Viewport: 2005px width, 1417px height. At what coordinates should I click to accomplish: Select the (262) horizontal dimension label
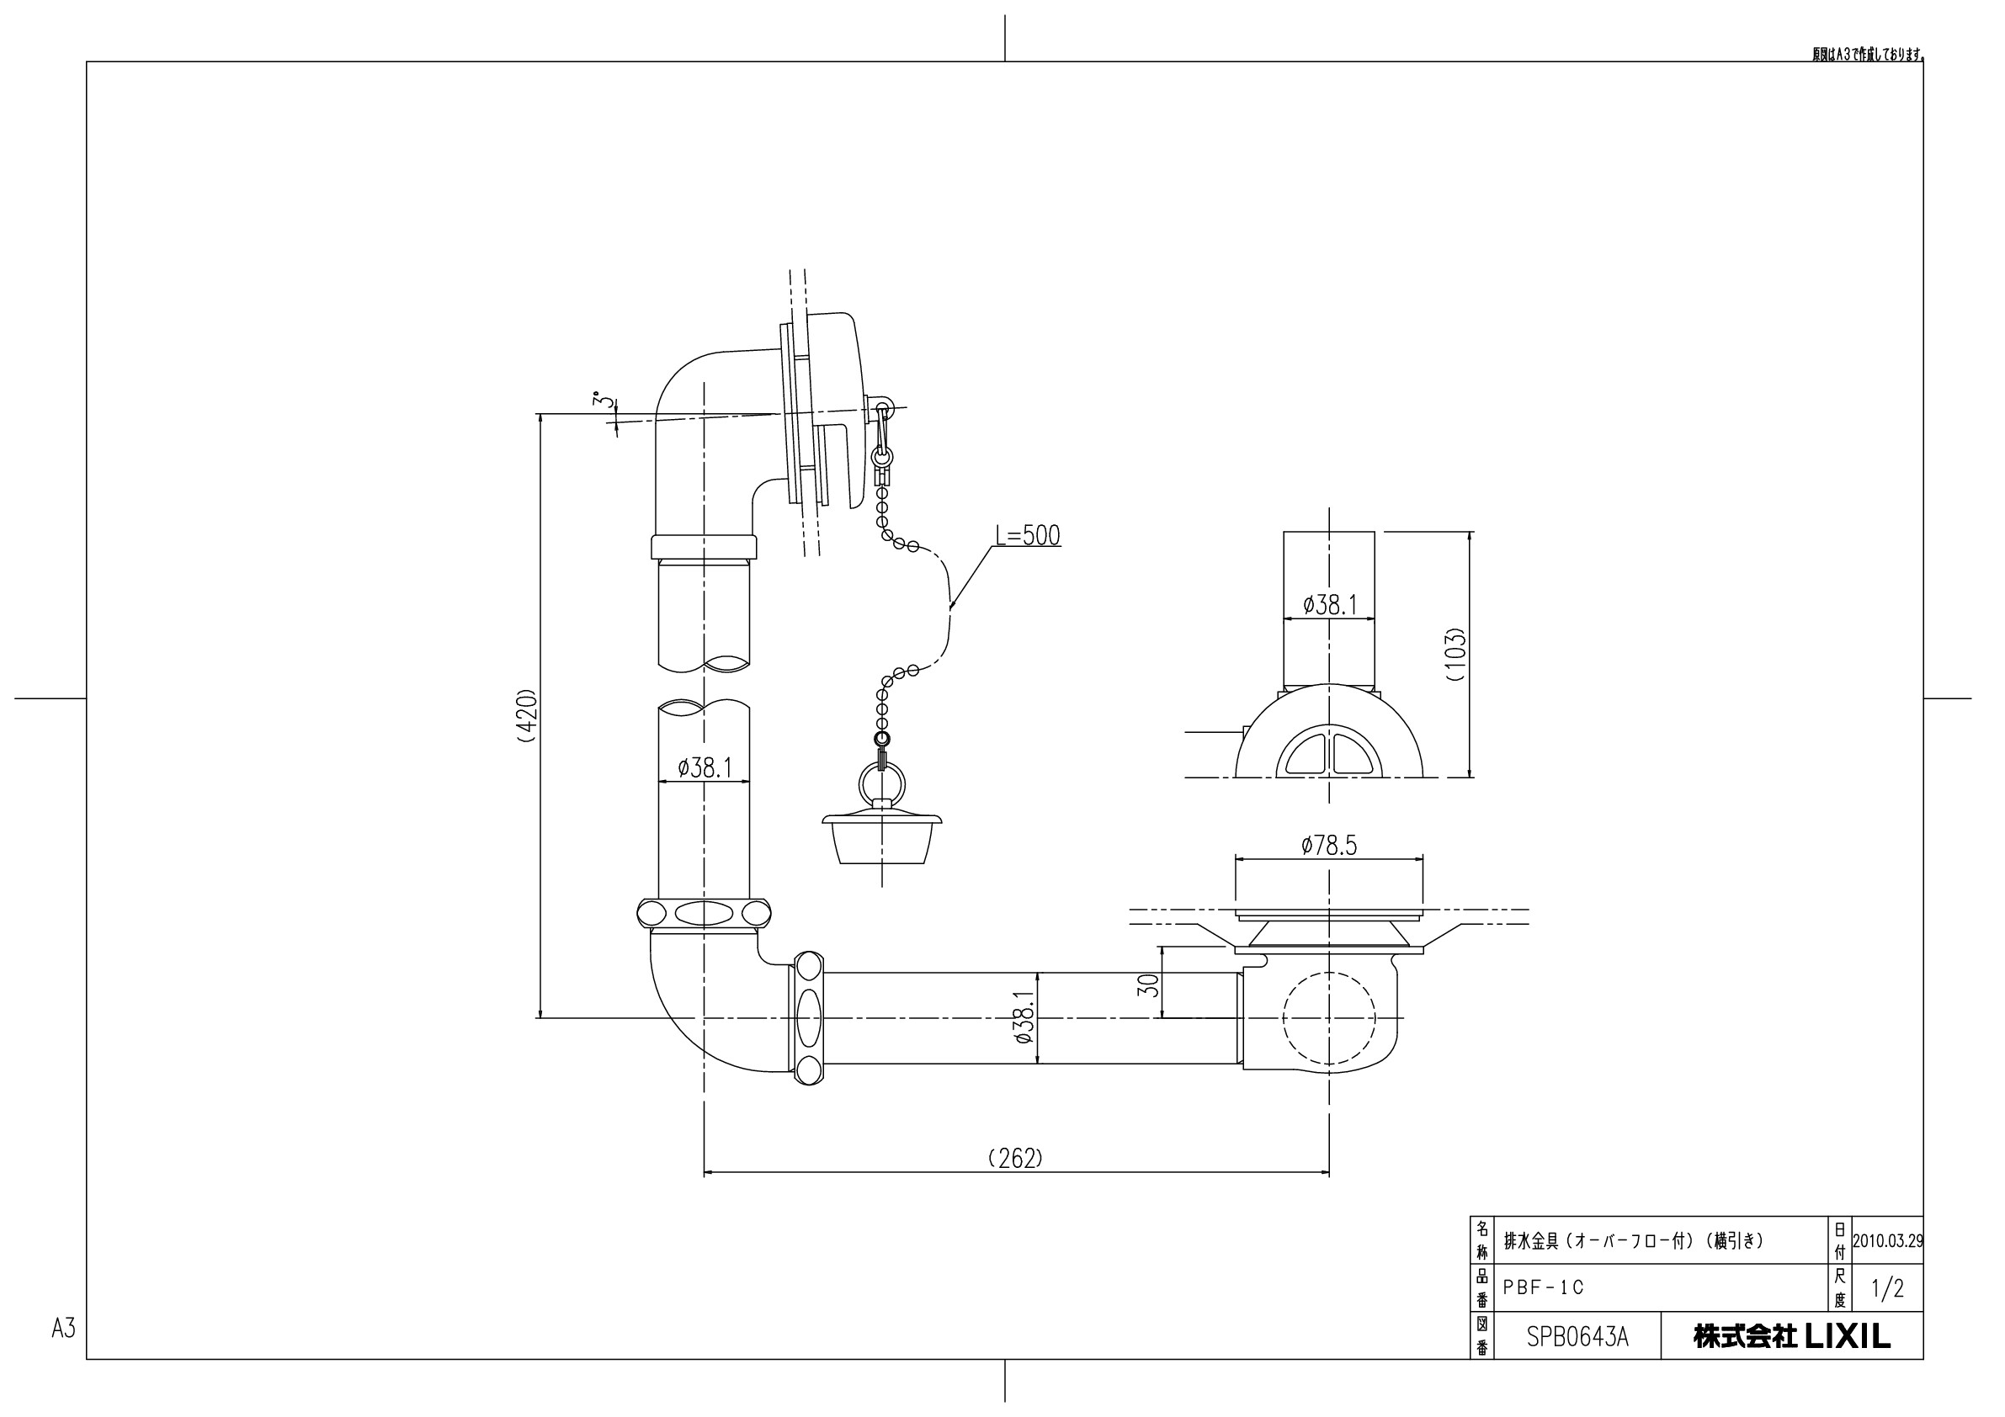1016,1158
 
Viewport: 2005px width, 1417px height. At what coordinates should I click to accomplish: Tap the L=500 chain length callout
1028,535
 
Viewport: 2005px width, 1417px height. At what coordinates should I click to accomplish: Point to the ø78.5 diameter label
1329,845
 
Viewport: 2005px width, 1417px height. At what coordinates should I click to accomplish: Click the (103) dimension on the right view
1454,654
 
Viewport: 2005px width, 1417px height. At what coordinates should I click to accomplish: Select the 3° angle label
599,400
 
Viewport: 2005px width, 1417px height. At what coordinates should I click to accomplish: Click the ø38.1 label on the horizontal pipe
1024,1017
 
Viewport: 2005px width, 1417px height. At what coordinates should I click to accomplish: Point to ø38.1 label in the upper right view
1330,605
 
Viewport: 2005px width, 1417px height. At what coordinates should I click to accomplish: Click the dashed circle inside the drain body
1329,1017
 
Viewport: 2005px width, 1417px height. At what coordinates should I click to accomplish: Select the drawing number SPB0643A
1577,1338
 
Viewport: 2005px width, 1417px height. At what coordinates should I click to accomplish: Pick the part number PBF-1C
1543,1287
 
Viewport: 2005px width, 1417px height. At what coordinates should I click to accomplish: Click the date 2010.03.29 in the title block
1887,1240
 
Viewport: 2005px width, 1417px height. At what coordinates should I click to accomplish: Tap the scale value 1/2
1887,1288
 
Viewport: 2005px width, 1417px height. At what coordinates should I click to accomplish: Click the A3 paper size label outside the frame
64,1328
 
